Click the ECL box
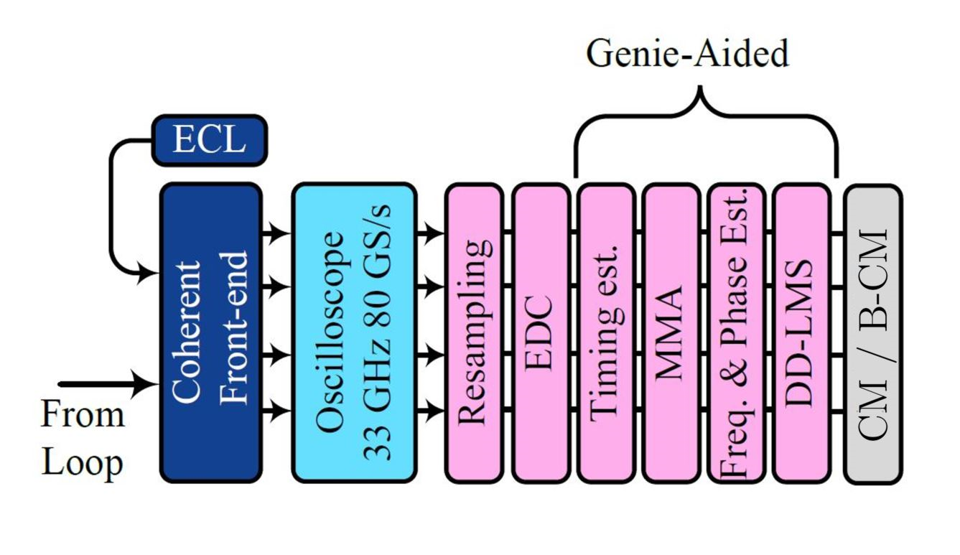coord(209,139)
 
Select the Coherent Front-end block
coord(210,332)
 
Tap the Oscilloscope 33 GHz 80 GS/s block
coord(353,332)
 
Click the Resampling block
coord(472,332)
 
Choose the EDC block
coord(541,332)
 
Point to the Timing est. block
coord(606,332)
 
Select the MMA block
coord(671,332)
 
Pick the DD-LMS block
coord(801,332)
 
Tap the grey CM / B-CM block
coord(872,332)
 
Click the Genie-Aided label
coord(687,54)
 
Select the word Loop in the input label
coord(82,463)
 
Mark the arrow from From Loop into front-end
coord(108,385)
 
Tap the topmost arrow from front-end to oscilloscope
coord(276,233)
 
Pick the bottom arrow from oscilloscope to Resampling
coord(429,411)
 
